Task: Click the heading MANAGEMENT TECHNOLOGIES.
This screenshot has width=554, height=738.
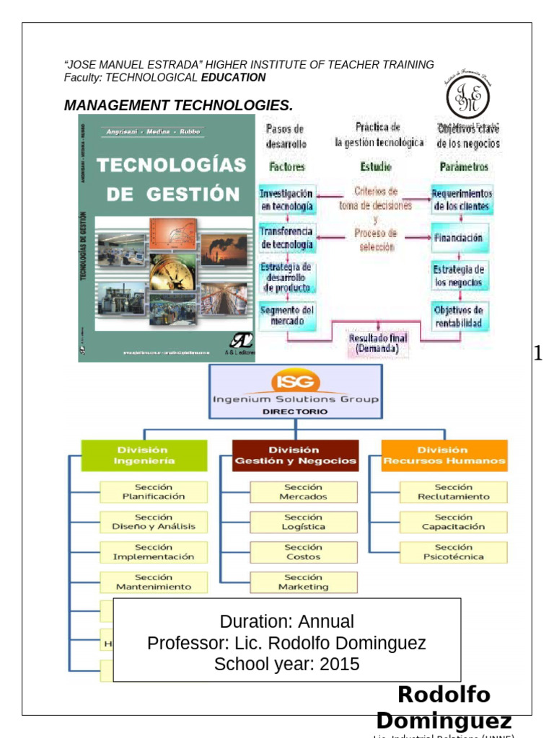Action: pos(178,106)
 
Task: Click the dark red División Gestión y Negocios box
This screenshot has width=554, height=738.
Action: pos(296,455)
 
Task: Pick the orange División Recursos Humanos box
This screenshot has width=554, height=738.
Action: pos(444,455)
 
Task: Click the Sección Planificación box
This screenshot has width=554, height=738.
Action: pos(154,492)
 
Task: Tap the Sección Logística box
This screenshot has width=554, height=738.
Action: pos(304,522)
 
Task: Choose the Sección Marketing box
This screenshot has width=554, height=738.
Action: pos(304,582)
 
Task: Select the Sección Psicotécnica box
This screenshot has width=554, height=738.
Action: pos(453,552)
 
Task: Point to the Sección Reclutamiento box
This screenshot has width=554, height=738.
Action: pos(453,492)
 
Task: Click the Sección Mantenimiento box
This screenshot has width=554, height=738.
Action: pos(154,582)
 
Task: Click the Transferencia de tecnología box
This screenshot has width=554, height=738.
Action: pos(286,239)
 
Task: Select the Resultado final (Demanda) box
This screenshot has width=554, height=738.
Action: pos(378,342)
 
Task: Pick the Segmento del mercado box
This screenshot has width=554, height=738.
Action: pos(287,316)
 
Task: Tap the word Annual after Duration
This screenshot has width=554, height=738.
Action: pos(327,621)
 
